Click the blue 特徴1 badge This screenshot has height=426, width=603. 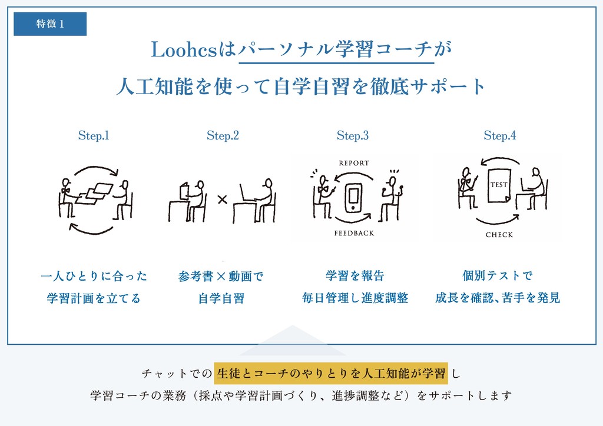(50, 24)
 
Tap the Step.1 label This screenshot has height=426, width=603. (94, 135)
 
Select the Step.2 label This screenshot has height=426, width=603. (223, 135)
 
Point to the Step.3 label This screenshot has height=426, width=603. (353, 135)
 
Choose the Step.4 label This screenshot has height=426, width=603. (500, 135)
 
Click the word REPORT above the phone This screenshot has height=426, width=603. (354, 163)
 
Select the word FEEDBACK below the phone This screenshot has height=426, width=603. (354, 233)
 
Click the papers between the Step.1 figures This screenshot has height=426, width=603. (94, 192)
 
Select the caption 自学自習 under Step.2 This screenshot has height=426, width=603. (221, 298)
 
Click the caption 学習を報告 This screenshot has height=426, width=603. (354, 275)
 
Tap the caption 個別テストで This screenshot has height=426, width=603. (498, 275)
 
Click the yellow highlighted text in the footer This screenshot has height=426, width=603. (331, 372)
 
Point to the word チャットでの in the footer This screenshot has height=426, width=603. (176, 373)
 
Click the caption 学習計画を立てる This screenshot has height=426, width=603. (94, 298)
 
